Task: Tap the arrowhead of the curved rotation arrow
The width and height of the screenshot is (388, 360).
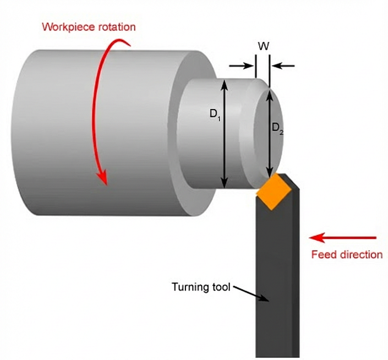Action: (102, 177)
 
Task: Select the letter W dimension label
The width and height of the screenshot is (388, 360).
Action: (263, 46)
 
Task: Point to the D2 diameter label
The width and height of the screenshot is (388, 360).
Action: (277, 128)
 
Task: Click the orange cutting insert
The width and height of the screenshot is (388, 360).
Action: (274, 192)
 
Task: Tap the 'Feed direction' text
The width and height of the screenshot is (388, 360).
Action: (347, 254)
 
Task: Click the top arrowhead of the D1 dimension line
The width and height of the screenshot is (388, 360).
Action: (224, 84)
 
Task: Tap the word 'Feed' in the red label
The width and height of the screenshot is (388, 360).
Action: (323, 254)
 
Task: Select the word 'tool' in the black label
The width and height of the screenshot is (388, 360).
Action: (220, 287)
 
